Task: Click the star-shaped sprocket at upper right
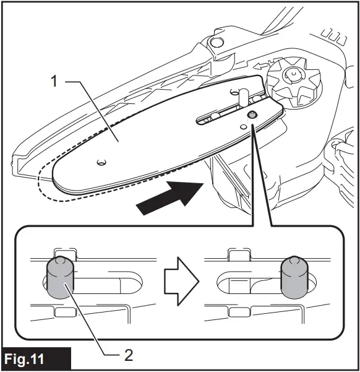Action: click(289, 79)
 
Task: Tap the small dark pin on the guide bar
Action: click(253, 115)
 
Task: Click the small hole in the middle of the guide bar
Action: click(102, 162)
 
